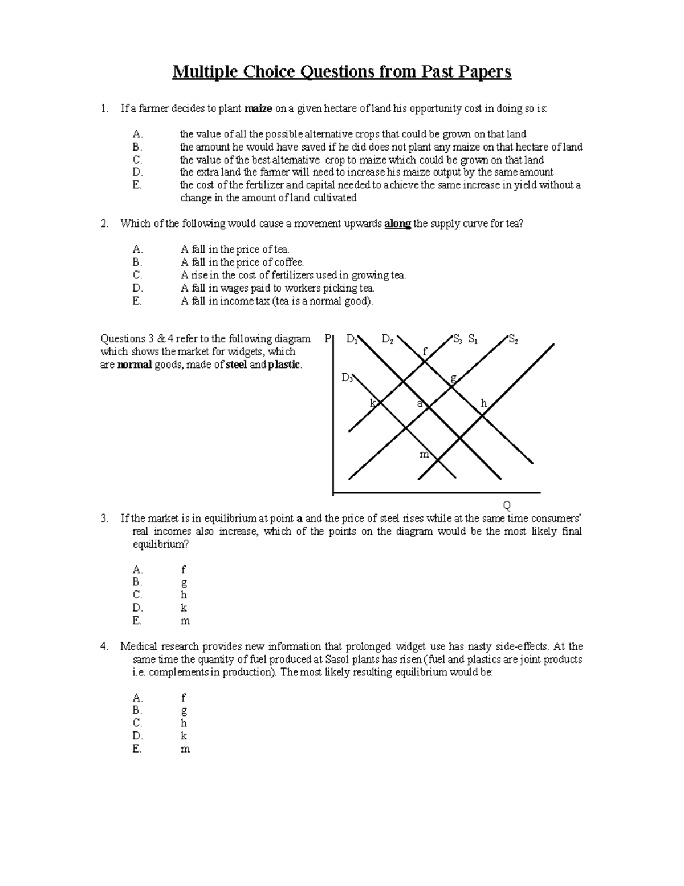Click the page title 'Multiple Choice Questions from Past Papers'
[x=342, y=72]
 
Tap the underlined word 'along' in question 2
[x=397, y=224]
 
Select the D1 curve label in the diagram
[x=352, y=340]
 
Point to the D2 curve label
[x=388, y=340]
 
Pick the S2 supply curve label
[x=513, y=340]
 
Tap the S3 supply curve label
[x=457, y=340]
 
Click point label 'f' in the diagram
[x=424, y=351]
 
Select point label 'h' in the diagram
[x=483, y=403]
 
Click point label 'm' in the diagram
[x=424, y=455]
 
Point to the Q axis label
[x=506, y=505]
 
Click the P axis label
[x=327, y=339]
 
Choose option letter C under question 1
[x=137, y=160]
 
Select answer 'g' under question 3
[x=184, y=582]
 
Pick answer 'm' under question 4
[x=185, y=749]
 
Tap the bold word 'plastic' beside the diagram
[x=284, y=365]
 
